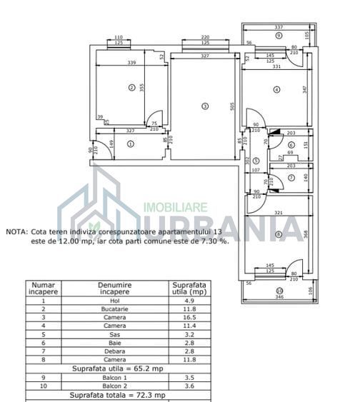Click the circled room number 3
pyautogui.click(x=205, y=106)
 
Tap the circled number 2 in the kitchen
pyautogui.click(x=131, y=88)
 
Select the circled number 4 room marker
pyautogui.click(x=276, y=89)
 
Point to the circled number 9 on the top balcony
pyautogui.click(x=279, y=35)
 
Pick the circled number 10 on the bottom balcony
pyautogui.click(x=279, y=290)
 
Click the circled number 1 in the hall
pyautogui.click(x=130, y=144)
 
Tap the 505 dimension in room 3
pyautogui.click(x=232, y=107)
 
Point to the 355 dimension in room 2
pyautogui.click(x=142, y=88)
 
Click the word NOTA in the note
pyautogui.click(x=16, y=232)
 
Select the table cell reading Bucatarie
pyautogui.click(x=114, y=308)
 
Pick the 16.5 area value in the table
pyautogui.click(x=189, y=317)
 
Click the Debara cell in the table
pyautogui.click(x=114, y=351)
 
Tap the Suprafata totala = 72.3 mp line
pyautogui.click(x=118, y=394)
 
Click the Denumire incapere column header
pyautogui.click(x=114, y=288)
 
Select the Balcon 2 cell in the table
pyautogui.click(x=114, y=386)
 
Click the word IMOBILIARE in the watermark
pyautogui.click(x=176, y=206)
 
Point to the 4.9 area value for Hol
pyautogui.click(x=189, y=300)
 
